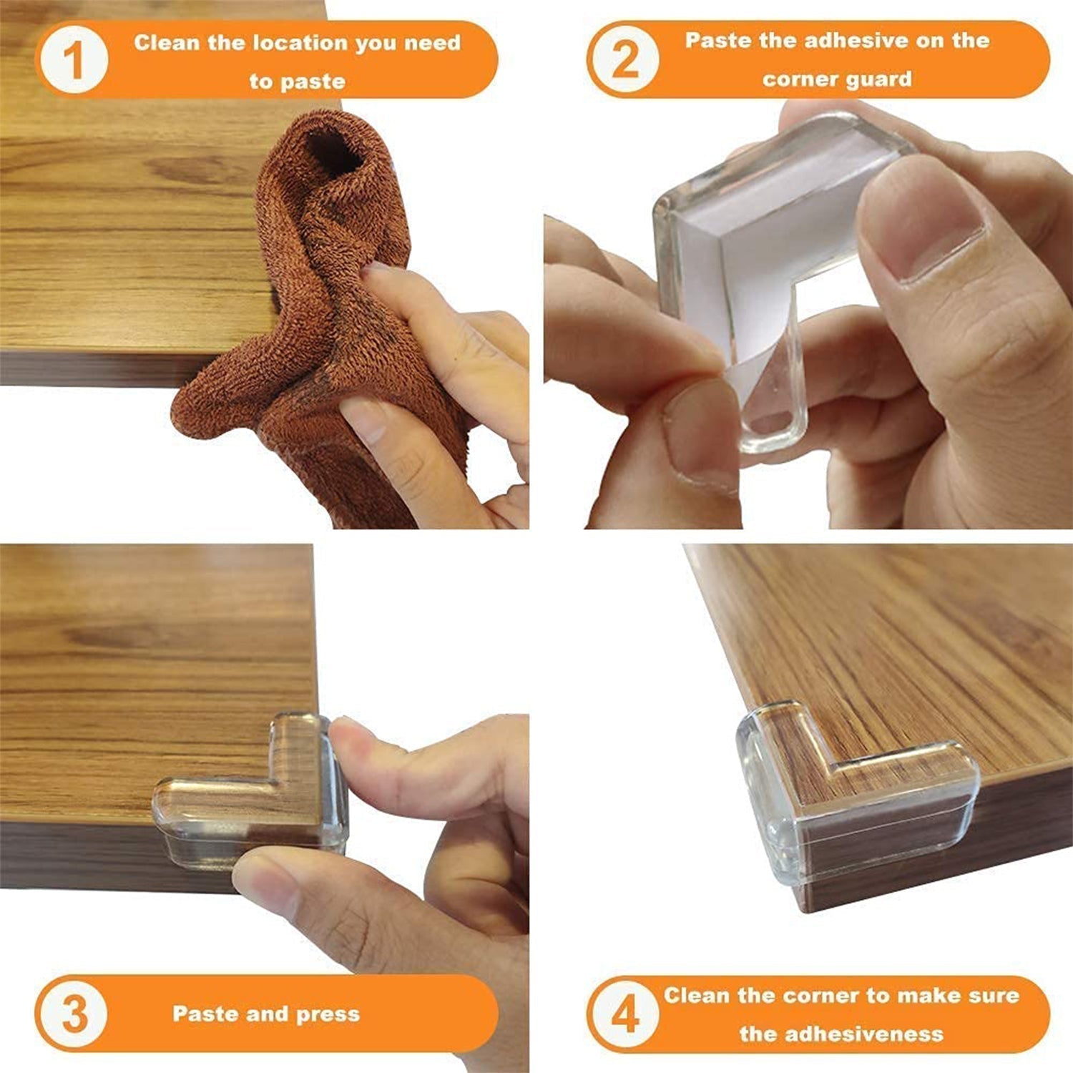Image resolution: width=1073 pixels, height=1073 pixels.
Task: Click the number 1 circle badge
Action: (x=74, y=60)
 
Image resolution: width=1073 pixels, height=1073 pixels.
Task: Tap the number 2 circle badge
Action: (x=624, y=60)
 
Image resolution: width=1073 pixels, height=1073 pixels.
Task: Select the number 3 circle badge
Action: (x=74, y=1014)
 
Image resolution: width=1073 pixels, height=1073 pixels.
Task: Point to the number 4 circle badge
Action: (x=624, y=1014)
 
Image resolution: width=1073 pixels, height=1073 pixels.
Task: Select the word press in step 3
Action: (x=328, y=1015)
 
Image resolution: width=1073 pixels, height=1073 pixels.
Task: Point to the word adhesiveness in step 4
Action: (x=841, y=1034)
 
